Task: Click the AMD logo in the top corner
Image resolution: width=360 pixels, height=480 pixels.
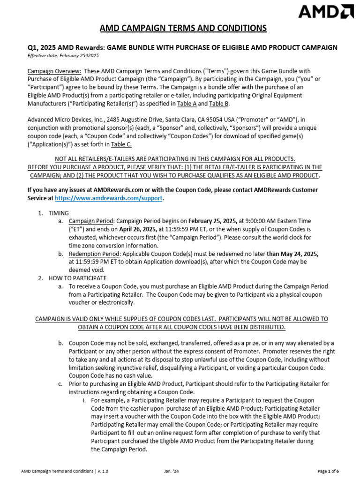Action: pyautogui.click(x=326, y=11)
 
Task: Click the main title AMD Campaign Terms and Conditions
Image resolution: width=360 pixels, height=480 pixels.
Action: pyautogui.click(x=183, y=29)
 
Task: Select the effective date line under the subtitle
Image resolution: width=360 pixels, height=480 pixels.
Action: pyautogui.click(x=64, y=55)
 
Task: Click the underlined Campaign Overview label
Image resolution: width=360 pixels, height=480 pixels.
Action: pyautogui.click(x=54, y=71)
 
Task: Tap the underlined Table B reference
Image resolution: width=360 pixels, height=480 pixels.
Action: pyautogui.click(x=218, y=104)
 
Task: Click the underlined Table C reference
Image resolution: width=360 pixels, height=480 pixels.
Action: pyautogui.click(x=121, y=144)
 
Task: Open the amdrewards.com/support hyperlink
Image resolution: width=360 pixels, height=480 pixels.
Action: pyautogui.click(x=109, y=198)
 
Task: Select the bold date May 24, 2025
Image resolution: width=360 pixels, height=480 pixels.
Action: pyautogui.click(x=292, y=254)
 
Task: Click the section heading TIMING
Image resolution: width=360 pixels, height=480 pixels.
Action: pyautogui.click(x=59, y=213)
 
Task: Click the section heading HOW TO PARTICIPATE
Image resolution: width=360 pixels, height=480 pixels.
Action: pyautogui.click(x=78, y=278)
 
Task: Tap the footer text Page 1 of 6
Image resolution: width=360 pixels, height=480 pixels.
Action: pyautogui.click(x=328, y=471)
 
